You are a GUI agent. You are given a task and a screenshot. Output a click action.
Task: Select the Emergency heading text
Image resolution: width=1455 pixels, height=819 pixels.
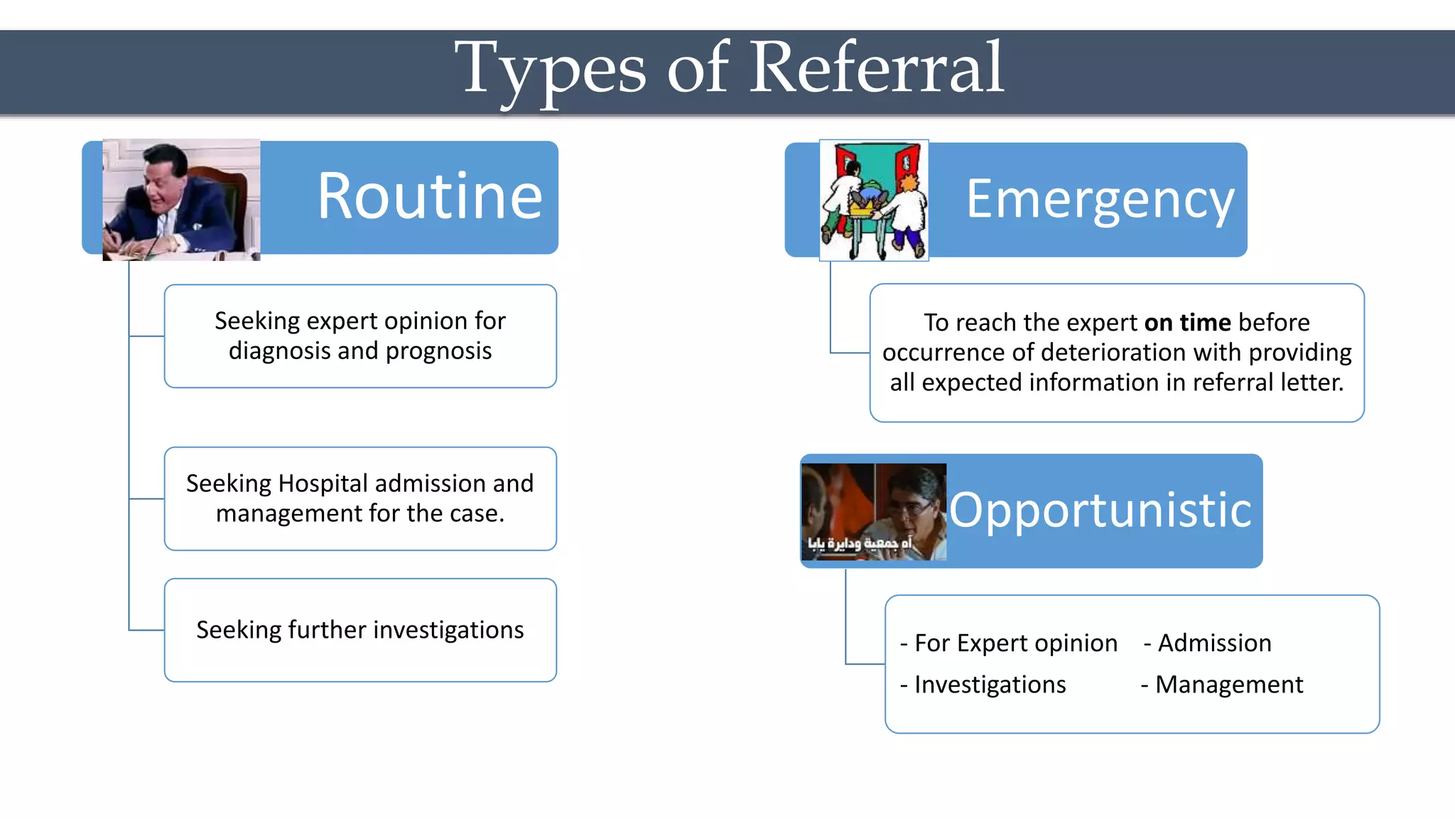point(1100,200)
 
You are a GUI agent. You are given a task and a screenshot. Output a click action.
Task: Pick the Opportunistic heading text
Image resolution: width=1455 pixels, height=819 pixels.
point(1100,510)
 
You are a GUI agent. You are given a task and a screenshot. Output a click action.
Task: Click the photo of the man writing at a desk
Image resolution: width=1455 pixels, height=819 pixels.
point(181,200)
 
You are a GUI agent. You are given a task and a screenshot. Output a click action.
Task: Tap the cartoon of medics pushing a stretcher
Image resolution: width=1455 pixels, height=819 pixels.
point(874,200)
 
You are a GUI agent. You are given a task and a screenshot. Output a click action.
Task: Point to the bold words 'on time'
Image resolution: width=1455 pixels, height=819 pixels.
point(1187,323)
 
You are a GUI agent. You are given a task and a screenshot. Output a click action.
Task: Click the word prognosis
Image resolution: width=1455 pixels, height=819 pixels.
point(438,351)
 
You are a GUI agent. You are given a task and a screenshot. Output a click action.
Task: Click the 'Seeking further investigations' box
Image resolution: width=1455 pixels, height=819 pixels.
point(360,630)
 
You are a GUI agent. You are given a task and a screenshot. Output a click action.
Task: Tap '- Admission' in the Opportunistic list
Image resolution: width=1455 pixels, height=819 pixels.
point(1208,643)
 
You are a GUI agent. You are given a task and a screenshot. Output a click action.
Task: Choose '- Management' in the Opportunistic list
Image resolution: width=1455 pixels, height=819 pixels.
point(1222,685)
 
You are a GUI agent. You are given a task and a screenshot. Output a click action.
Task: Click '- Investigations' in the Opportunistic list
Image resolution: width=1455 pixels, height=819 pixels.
point(983,685)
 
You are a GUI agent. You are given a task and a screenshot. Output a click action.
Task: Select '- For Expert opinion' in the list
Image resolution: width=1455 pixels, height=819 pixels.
point(1009,643)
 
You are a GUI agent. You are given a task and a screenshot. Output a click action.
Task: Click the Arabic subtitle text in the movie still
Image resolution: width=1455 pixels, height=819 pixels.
point(859,544)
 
